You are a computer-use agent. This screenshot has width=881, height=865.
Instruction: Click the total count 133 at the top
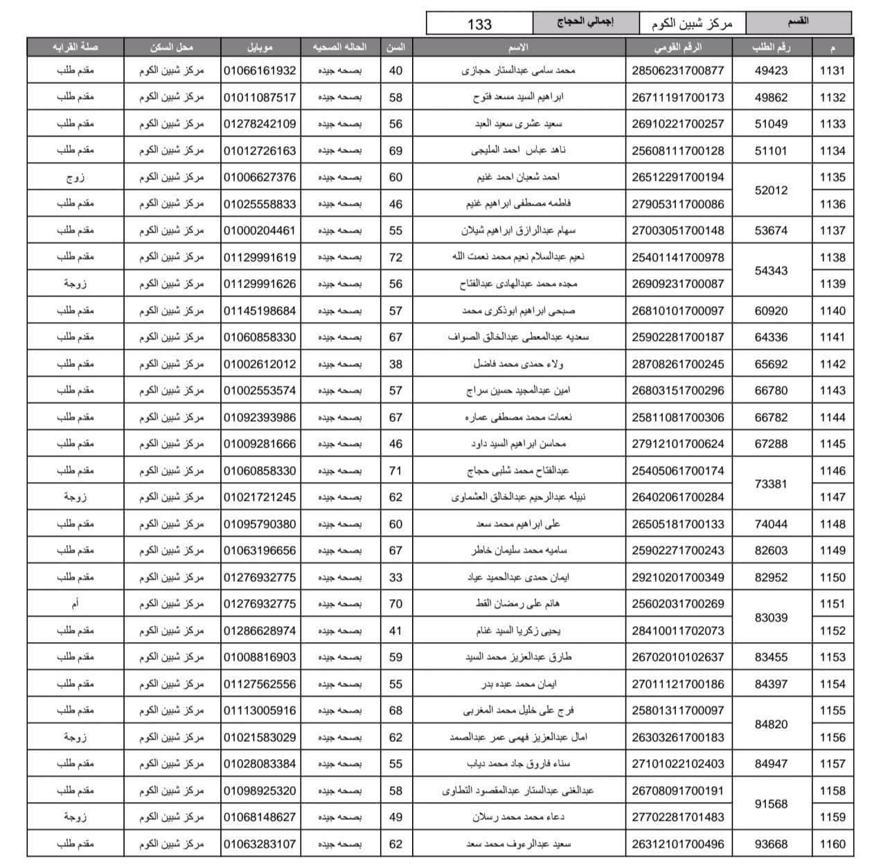[479, 24]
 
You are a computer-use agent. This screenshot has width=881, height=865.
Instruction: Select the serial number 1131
[832, 71]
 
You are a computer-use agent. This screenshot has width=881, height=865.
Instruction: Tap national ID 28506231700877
[677, 71]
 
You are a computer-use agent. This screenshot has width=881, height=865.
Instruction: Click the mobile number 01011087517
[260, 98]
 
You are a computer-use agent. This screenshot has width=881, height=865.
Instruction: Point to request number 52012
[771, 190]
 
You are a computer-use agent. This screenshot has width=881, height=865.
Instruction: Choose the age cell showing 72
[395, 257]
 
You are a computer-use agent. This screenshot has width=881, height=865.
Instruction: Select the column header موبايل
[260, 47]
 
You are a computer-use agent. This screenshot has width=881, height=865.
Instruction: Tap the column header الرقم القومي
[677, 47]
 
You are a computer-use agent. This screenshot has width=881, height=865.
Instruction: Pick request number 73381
[771, 484]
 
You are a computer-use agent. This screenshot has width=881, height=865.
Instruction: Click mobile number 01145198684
[260, 311]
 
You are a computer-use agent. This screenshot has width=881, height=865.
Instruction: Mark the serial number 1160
[832, 844]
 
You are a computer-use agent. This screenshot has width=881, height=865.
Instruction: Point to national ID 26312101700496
[677, 844]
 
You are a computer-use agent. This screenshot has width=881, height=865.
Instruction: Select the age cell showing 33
[395, 577]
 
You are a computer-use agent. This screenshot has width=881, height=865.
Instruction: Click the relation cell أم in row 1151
[75, 604]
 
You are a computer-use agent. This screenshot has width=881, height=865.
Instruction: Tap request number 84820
[771, 724]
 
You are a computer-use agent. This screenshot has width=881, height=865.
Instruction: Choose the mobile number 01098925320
[260, 791]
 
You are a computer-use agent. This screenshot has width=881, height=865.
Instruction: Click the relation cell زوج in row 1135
[75, 177]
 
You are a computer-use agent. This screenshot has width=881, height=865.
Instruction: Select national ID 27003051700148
[677, 231]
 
